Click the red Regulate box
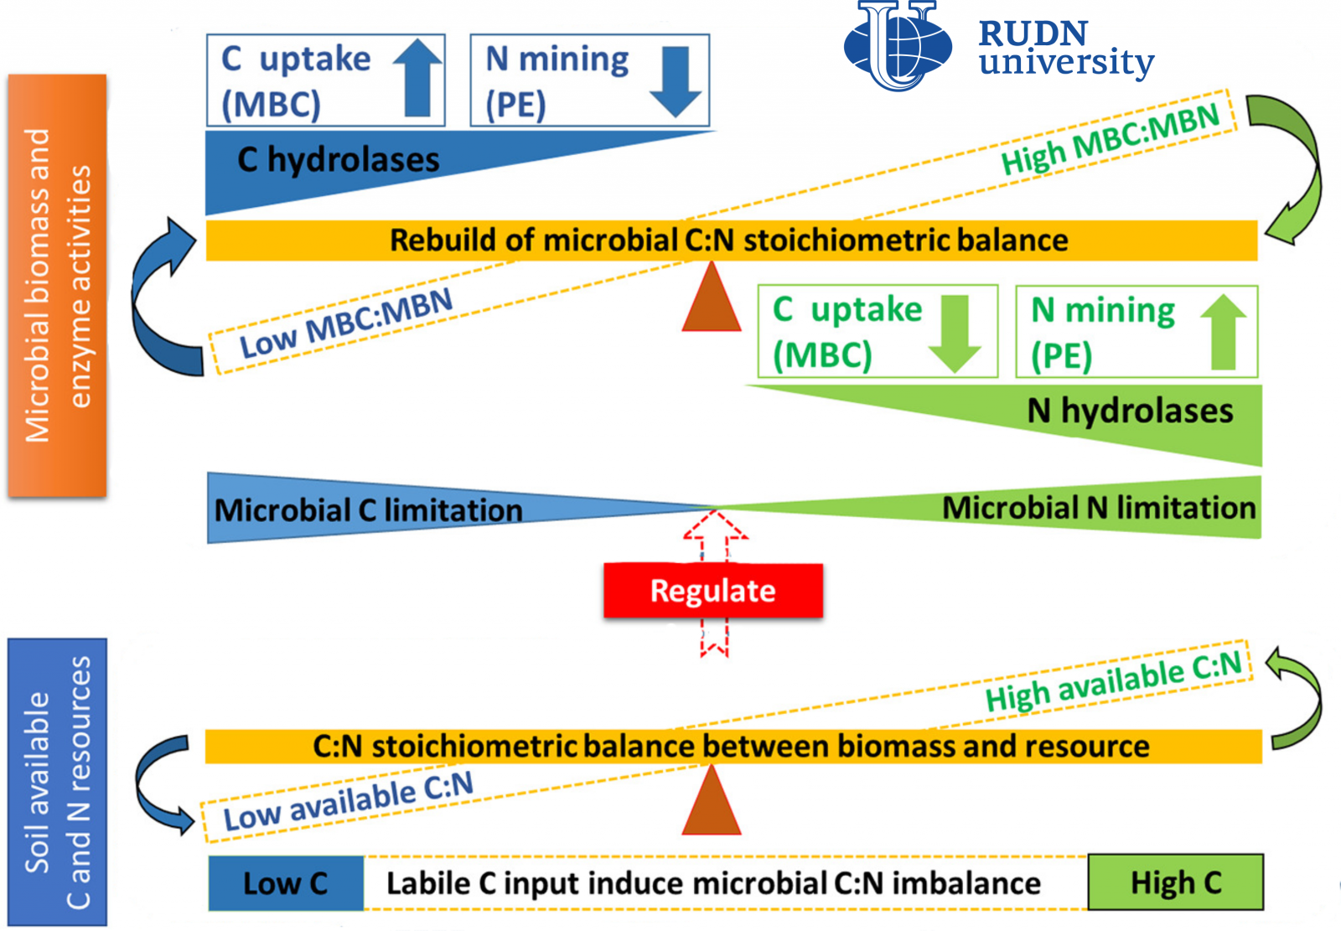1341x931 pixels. coord(713,590)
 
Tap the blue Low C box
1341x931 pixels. coord(286,883)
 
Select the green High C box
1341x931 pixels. coord(1176,882)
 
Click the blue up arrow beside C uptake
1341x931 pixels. coord(417,78)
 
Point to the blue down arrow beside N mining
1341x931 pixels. coord(676,82)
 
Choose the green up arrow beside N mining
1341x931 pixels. coord(1224,332)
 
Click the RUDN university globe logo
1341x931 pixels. coord(898,45)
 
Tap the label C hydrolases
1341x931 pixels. coord(339,160)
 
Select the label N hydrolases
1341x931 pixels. coord(1131,411)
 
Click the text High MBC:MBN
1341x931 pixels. coord(1111,139)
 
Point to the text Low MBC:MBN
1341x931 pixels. coord(346,323)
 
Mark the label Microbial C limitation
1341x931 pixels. coord(368,510)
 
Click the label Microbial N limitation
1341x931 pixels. coord(1099,508)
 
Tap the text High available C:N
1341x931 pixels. coord(1114,681)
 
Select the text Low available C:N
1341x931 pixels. coord(349,801)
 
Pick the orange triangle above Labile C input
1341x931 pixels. coord(712,800)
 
